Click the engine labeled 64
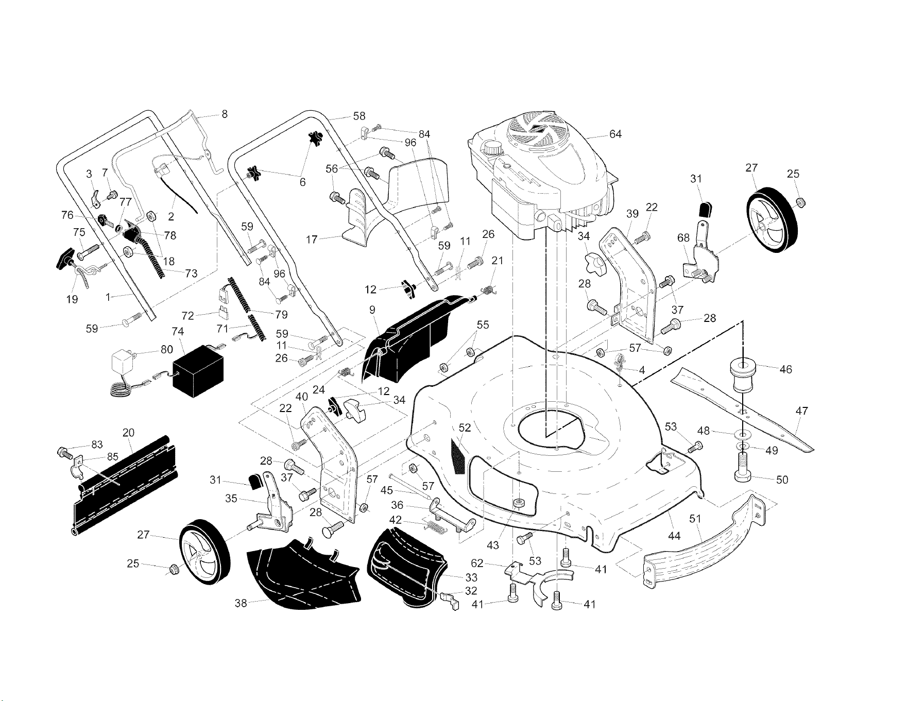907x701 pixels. click(x=541, y=175)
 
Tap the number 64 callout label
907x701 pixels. click(x=615, y=134)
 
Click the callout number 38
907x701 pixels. click(x=241, y=603)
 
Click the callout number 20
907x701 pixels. click(x=129, y=433)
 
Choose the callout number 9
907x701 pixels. click(x=372, y=311)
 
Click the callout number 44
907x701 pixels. click(x=674, y=536)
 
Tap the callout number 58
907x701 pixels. click(x=360, y=116)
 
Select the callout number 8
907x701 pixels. click(x=225, y=114)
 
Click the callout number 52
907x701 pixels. click(x=465, y=428)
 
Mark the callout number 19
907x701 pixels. click(x=73, y=300)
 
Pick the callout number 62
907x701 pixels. click(x=477, y=564)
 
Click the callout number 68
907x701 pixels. click(x=683, y=238)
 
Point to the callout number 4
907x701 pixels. click(x=642, y=370)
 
